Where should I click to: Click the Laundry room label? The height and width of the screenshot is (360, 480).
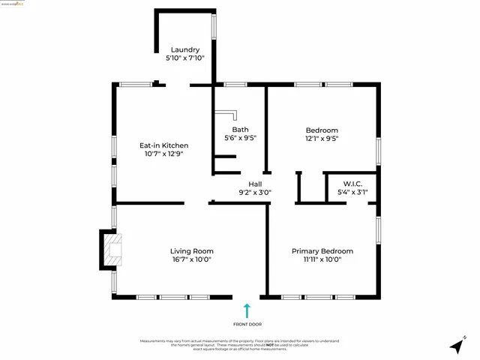click(x=184, y=49)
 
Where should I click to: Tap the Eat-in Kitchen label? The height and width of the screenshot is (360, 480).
click(x=164, y=145)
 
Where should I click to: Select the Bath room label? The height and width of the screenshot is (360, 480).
click(x=240, y=130)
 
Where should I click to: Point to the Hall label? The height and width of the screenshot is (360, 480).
click(x=255, y=184)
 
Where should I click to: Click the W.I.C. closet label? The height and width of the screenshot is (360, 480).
click(x=354, y=184)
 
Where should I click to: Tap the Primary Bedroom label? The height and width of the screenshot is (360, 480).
click(x=322, y=251)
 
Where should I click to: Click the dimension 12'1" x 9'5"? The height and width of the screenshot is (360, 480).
click(x=322, y=138)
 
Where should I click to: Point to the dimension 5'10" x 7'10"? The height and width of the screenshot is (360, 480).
click(x=184, y=58)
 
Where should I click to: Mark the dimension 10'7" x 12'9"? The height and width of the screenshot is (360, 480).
click(x=164, y=154)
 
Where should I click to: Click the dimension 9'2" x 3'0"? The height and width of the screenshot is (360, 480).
click(x=255, y=192)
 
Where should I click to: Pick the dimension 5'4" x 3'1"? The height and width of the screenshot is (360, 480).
click(x=354, y=192)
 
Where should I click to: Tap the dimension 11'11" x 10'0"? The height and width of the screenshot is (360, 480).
click(x=322, y=259)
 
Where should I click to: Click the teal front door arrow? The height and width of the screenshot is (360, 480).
click(x=247, y=310)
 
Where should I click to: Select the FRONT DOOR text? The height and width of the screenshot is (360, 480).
click(x=247, y=324)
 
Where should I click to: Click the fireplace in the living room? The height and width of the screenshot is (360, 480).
click(x=109, y=251)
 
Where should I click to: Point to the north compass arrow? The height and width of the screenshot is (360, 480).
click(x=457, y=346)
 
